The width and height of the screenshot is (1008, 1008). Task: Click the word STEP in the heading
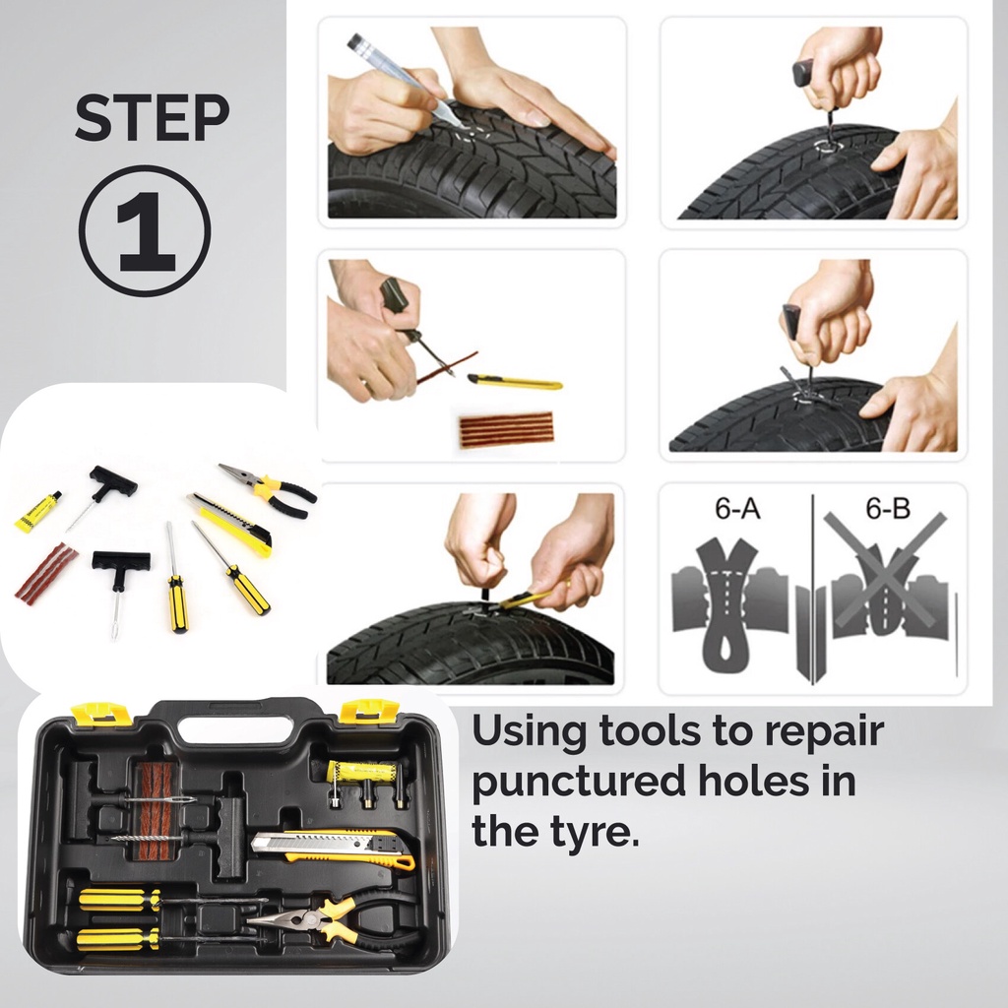point(152,118)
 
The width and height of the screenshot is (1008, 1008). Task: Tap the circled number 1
point(145,230)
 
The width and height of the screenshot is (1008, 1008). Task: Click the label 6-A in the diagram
point(737,509)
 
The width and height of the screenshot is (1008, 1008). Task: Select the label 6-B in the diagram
point(888,509)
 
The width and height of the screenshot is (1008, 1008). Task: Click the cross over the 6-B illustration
point(886,569)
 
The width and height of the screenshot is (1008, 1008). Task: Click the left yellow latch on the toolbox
point(101,714)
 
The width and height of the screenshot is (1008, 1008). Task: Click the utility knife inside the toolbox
point(333,850)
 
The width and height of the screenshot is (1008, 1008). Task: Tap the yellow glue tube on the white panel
point(38,511)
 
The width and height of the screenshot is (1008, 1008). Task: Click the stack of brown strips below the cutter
point(506,429)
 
